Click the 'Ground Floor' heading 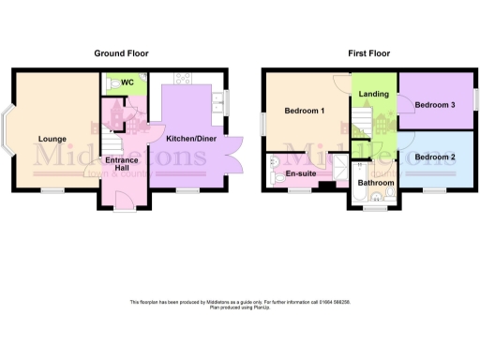coord(121,53)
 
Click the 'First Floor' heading coord(370,53)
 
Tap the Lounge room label coord(52,140)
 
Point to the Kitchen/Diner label coord(192,139)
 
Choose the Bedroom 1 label coord(305,112)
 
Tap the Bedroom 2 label coord(435,157)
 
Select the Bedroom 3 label coord(435,105)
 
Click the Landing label coord(375,94)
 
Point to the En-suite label coord(299,173)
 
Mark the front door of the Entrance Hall coord(121,200)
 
